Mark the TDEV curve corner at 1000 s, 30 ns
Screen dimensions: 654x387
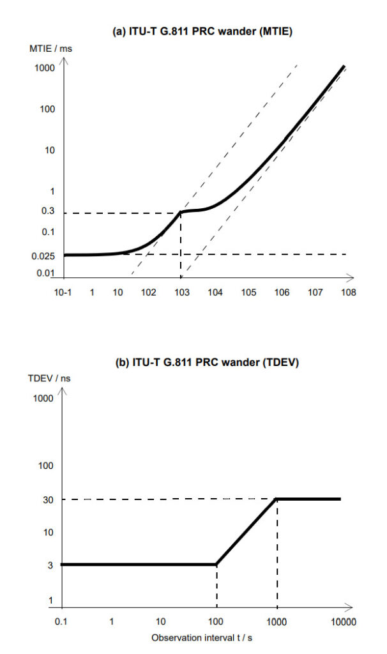point(277,499)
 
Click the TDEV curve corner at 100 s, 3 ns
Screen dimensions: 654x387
point(217,565)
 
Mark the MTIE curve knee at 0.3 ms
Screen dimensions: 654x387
point(182,211)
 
